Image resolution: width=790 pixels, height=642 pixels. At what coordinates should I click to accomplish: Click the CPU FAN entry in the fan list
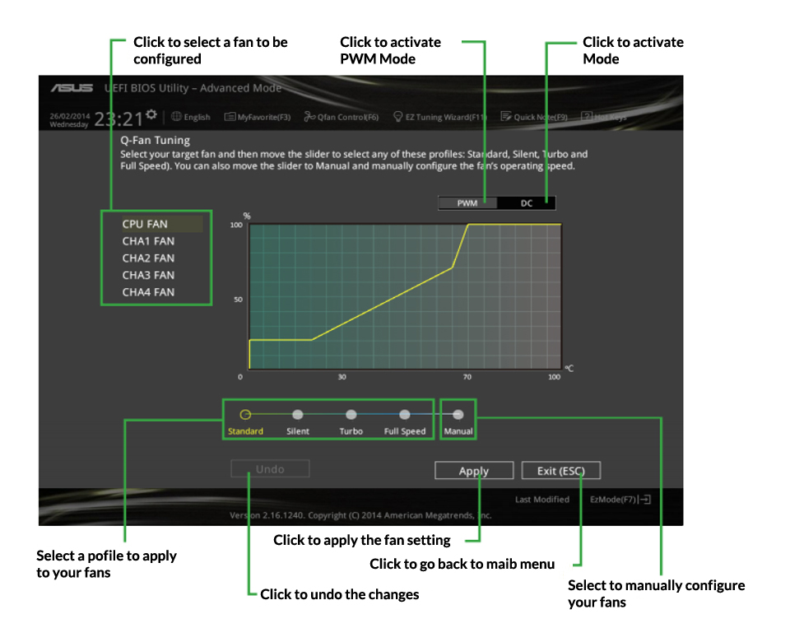145,224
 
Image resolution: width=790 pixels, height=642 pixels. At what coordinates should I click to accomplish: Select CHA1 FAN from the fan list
148,241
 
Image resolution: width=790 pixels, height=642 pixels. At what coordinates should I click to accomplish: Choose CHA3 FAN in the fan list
148,275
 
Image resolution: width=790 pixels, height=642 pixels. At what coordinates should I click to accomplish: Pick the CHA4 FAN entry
148,292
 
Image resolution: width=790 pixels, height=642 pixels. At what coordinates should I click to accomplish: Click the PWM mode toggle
467,203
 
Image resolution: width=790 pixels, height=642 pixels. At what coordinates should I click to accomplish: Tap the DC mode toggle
527,203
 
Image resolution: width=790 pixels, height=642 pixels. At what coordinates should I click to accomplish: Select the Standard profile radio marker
245,415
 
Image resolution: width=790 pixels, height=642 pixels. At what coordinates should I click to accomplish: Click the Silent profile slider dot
298,415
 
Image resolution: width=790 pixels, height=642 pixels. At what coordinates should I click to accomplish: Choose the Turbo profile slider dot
351,415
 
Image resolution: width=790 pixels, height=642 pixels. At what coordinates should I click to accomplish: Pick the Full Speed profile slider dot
405,415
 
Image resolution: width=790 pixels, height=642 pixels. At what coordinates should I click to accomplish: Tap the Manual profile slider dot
458,415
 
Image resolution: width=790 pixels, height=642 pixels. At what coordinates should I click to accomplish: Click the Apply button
474,471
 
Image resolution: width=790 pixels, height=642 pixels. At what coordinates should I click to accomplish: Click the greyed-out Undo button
270,469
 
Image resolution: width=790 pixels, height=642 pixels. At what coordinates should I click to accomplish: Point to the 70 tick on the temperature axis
467,377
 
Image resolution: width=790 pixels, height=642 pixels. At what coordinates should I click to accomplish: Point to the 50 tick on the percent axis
238,300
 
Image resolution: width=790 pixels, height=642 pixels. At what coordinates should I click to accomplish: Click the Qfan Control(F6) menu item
342,118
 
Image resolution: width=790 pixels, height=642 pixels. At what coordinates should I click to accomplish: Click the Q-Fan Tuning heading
155,141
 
